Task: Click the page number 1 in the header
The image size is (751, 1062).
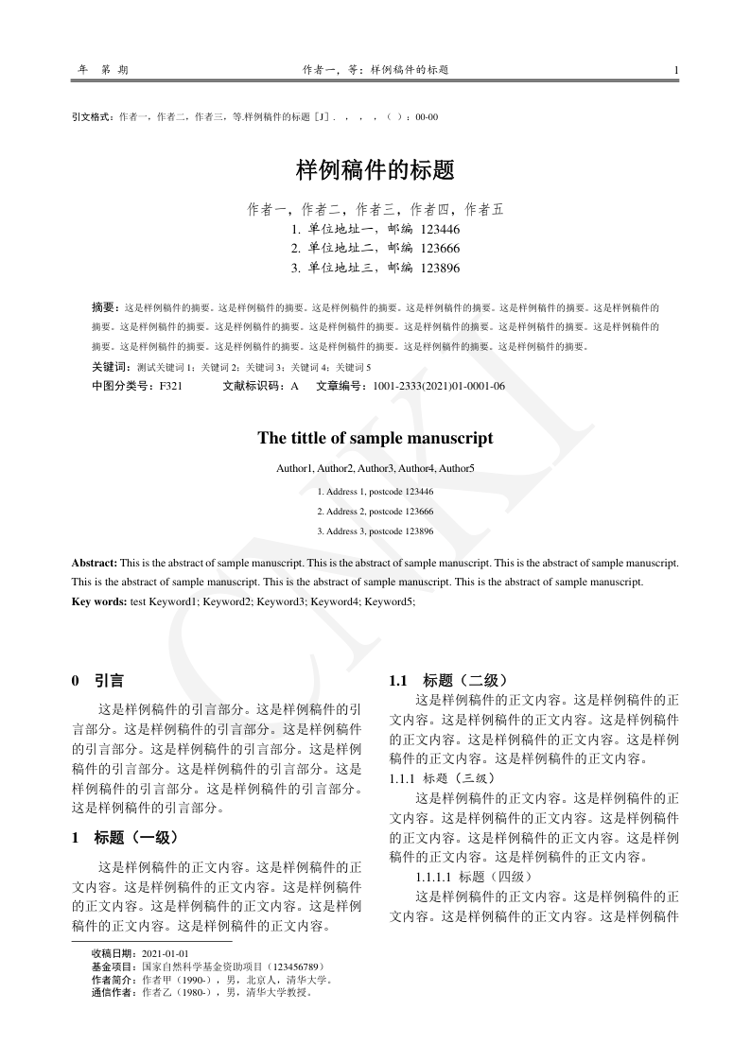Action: click(675, 70)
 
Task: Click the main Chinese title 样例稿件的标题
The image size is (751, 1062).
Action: click(375, 170)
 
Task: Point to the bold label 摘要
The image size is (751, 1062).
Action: click(104, 307)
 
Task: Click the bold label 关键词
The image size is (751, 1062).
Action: click(110, 367)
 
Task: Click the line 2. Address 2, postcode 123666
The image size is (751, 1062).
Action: click(375, 511)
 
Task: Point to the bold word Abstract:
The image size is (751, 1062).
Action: click(95, 563)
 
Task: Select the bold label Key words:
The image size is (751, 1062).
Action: click(98, 601)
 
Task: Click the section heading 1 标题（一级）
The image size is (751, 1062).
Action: click(125, 837)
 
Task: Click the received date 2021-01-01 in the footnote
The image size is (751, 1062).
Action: click(166, 954)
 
